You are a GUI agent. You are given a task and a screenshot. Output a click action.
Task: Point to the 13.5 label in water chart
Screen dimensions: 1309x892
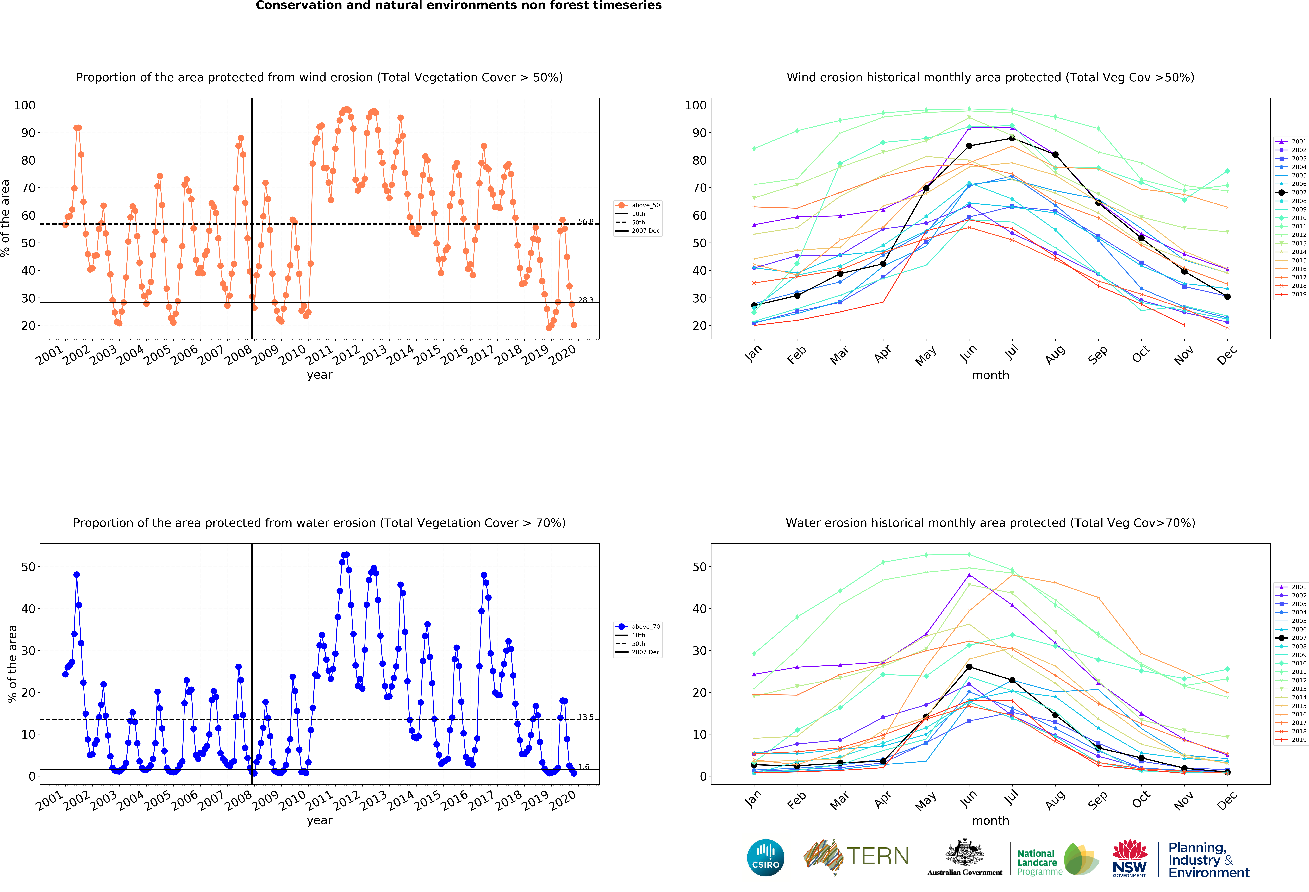pos(586,717)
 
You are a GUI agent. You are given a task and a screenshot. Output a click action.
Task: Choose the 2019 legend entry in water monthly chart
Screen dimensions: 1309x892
pos(1292,740)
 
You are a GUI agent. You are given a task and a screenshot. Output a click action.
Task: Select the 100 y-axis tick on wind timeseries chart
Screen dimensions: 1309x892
pos(25,105)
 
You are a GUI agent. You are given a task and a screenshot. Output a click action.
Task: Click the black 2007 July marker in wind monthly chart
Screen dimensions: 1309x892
pos(1012,138)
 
